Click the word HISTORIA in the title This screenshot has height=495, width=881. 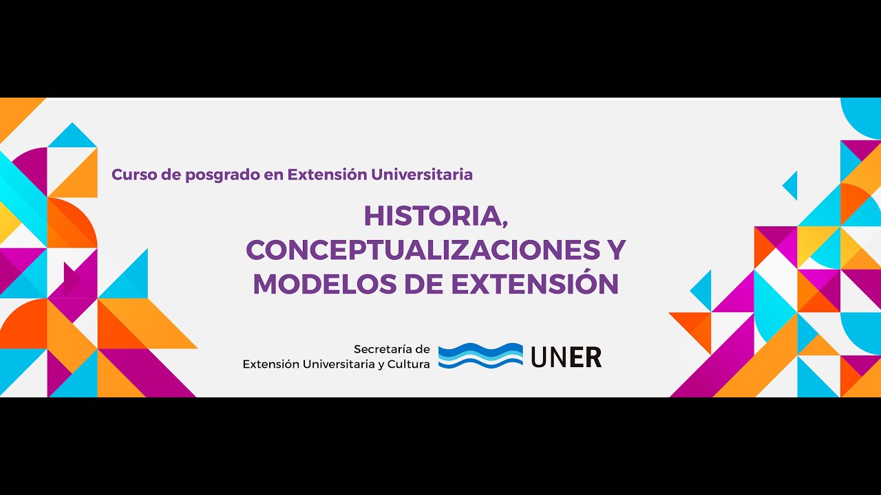pyautogui.click(x=430, y=217)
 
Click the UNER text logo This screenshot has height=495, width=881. pyautogui.click(x=566, y=357)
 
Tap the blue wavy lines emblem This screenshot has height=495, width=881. pyautogui.click(x=480, y=355)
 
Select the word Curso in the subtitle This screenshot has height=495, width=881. pyautogui.click(x=134, y=175)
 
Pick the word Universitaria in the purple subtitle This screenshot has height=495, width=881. pyautogui.click(x=421, y=175)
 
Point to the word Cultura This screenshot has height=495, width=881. pyautogui.click(x=409, y=364)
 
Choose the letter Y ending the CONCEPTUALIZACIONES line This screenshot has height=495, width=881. pyautogui.click(x=614, y=250)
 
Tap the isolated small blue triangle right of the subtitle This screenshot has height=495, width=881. pyautogui.click(x=791, y=186)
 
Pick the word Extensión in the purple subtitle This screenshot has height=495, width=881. pyautogui.click(x=327, y=175)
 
